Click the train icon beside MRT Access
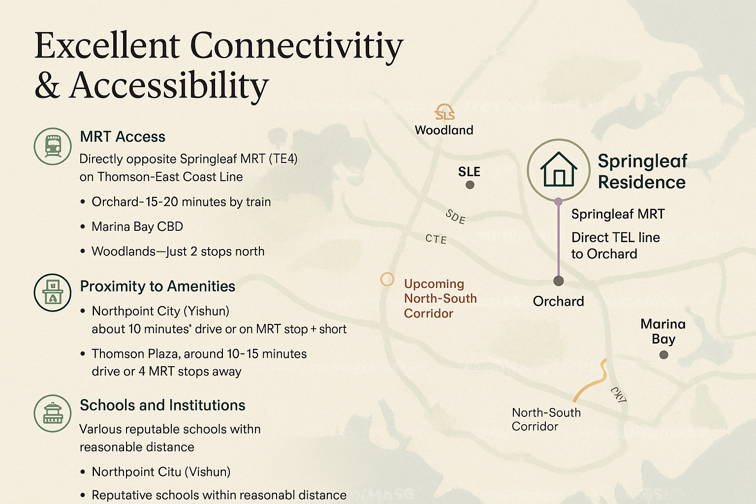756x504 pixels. (x=53, y=147)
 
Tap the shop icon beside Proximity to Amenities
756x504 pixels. (x=53, y=292)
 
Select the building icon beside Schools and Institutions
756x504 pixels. (x=53, y=413)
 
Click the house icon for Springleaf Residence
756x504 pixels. (x=559, y=170)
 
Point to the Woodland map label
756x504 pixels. (x=444, y=130)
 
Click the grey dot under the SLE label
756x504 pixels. (x=470, y=185)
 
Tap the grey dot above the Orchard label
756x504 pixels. (x=559, y=281)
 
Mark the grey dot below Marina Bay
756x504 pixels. (x=663, y=355)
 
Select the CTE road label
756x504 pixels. (x=436, y=239)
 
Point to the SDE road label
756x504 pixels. (x=456, y=217)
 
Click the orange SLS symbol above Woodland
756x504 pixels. (x=444, y=112)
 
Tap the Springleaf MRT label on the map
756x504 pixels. (x=618, y=214)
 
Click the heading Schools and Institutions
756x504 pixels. (x=162, y=405)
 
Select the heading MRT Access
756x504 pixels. (x=123, y=137)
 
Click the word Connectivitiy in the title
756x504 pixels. (x=297, y=47)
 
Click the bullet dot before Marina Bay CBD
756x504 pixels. (x=83, y=226)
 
